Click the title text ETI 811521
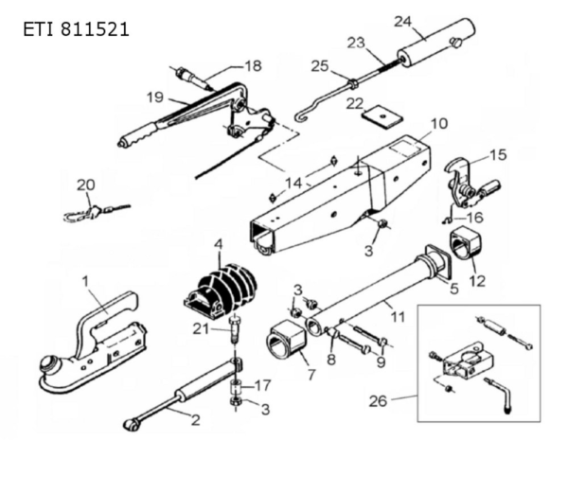(75, 29)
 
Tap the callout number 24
(403, 20)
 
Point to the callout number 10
(437, 124)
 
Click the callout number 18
(252, 65)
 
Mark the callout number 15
(497, 153)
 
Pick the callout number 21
(199, 328)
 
